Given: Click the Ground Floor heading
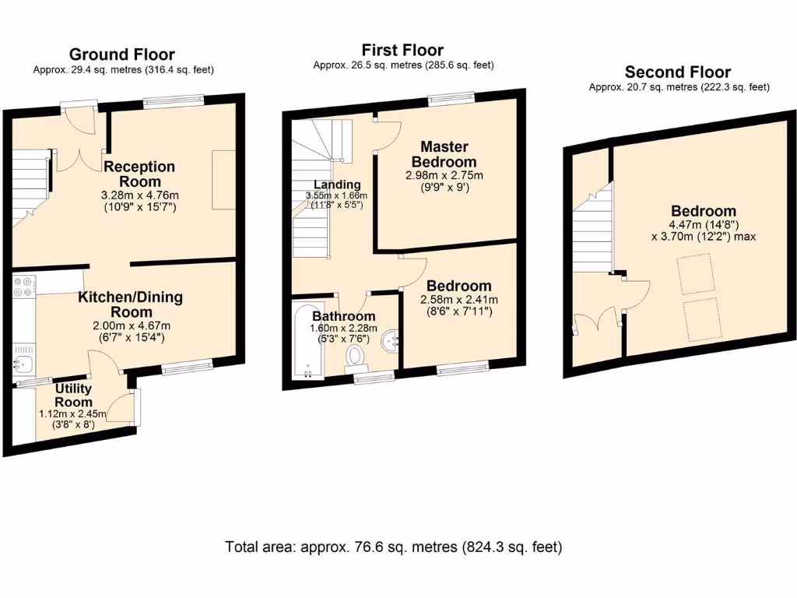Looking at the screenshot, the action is tap(122, 55).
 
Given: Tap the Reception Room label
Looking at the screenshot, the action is tap(140, 174).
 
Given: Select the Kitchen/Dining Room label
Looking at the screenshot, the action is tap(131, 304).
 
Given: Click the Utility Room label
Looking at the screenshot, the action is tap(73, 395).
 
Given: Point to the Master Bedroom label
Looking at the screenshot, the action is tap(444, 154).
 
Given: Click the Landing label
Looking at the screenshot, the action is tap(337, 185).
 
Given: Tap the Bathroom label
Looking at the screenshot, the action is tap(343, 316).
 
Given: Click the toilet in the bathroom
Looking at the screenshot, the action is tap(355, 357).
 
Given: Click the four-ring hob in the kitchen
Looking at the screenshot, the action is tap(24, 286).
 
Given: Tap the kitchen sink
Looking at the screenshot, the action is tap(23, 364).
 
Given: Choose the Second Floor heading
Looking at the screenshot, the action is tap(678, 72).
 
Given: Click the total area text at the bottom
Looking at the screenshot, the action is tap(393, 547).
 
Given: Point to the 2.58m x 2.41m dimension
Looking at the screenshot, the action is tap(459, 300).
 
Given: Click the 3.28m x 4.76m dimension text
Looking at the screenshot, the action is tap(140, 195).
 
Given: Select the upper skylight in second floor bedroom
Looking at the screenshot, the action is tap(697, 275).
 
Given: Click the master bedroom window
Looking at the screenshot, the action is tap(451, 99).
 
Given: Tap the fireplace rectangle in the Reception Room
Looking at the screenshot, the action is tap(223, 180).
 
